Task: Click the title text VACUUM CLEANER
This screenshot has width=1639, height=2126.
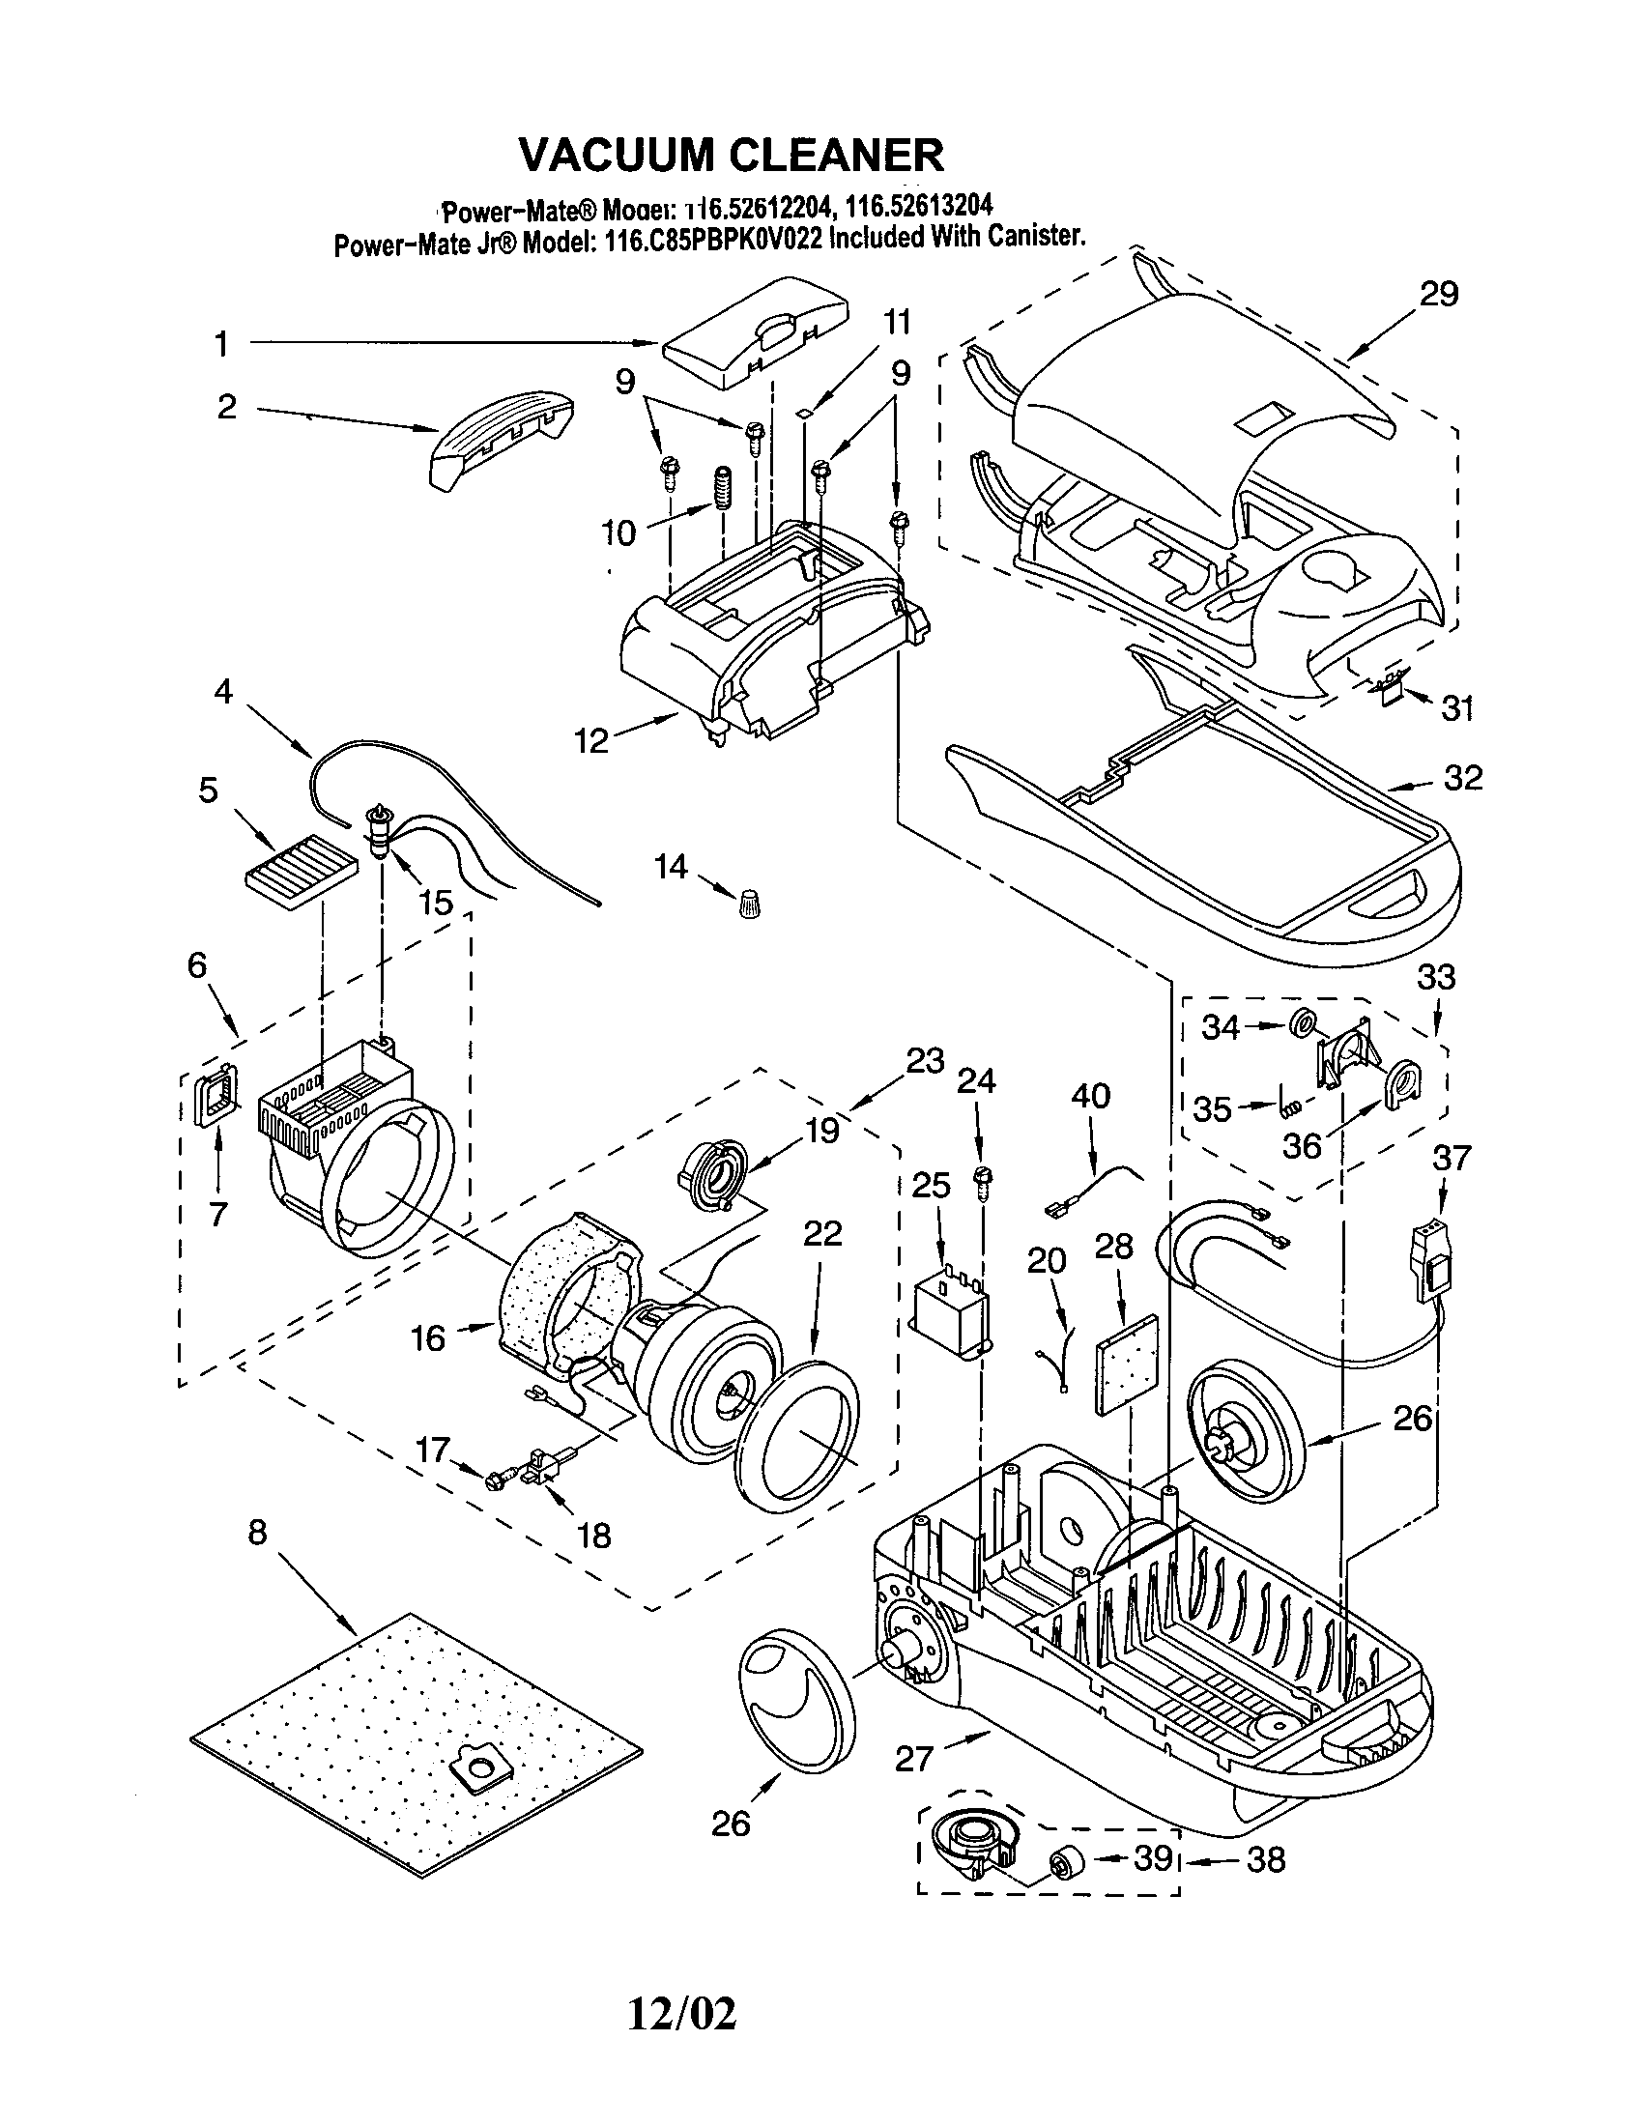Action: coord(731,153)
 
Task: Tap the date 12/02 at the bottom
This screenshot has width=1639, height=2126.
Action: coord(681,2013)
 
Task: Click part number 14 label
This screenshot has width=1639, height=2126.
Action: coord(671,866)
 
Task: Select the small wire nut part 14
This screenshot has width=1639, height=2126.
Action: coord(748,903)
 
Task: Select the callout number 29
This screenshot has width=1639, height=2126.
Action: coord(1439,293)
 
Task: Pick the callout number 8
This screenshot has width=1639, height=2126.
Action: coord(256,1533)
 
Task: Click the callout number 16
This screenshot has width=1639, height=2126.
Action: coord(427,1337)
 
